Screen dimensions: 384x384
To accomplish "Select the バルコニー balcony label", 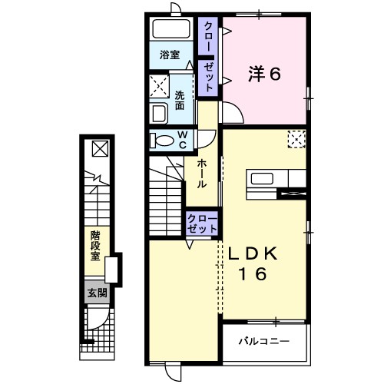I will point(263,339).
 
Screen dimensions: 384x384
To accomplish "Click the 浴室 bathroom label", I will point(170,55).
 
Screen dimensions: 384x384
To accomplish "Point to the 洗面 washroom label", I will point(179,101).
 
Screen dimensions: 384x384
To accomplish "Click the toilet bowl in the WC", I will point(162,141).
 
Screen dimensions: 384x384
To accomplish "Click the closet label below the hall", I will point(202,224).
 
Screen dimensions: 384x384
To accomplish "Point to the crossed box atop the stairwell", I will point(101,149).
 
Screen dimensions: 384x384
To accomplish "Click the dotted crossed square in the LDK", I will point(296,138).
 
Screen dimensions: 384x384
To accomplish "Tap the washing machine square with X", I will point(161,84).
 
